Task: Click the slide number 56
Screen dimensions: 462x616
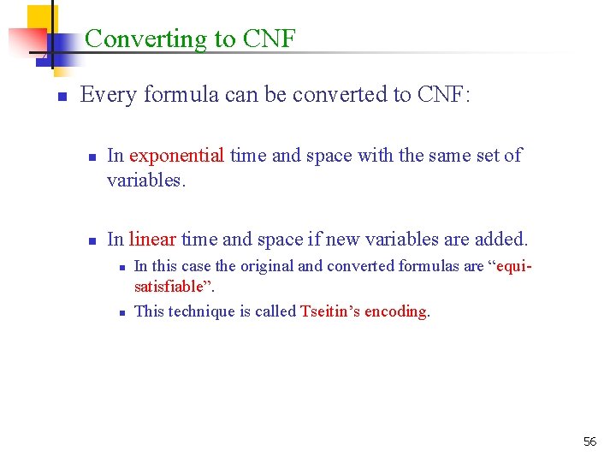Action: click(x=589, y=441)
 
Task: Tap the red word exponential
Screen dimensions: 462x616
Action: click(x=176, y=156)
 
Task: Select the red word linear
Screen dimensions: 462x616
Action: click(x=152, y=240)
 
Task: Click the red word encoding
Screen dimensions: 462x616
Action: click(x=396, y=311)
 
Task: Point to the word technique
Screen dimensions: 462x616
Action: click(x=210, y=311)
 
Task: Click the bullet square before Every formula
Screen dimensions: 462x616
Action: click(x=62, y=97)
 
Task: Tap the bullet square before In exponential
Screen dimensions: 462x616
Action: click(x=91, y=157)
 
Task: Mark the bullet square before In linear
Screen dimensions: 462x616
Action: click(x=91, y=241)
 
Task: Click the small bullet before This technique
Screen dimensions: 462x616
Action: click(x=121, y=312)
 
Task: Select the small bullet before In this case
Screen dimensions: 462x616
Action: click(x=121, y=268)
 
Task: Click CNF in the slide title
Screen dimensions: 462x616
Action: click(x=269, y=39)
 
